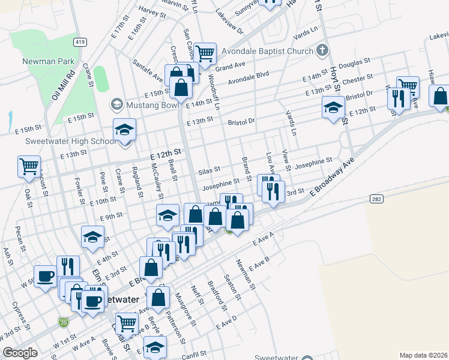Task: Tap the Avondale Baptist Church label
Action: [x=265, y=51]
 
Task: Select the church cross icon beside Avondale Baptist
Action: [x=322, y=50]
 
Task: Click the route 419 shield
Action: [x=79, y=41]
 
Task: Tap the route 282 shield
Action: [x=376, y=199]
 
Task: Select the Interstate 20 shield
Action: [x=63, y=322]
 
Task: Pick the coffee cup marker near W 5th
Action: [x=45, y=276]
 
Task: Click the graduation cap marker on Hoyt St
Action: [x=333, y=107]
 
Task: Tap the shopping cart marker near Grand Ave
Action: [x=205, y=53]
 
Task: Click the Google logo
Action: [x=20, y=353]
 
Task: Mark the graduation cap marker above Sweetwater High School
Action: [x=124, y=130]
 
